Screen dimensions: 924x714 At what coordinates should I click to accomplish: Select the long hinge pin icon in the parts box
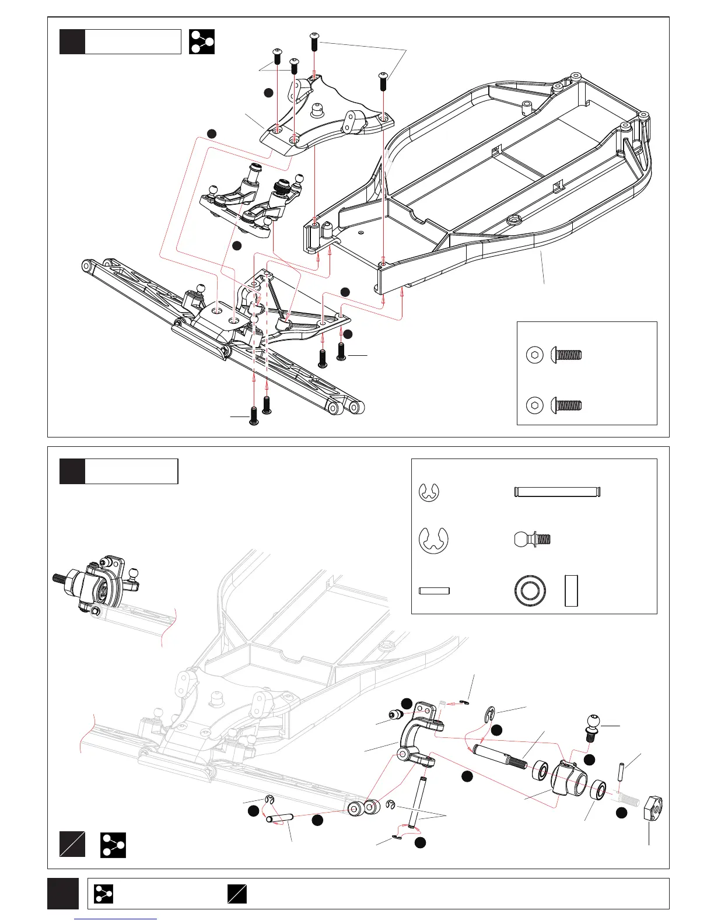pyautogui.click(x=557, y=492)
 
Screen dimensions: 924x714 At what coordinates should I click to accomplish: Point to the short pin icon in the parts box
pyautogui.click(x=434, y=591)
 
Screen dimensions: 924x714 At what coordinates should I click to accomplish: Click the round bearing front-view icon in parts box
pyautogui.click(x=530, y=591)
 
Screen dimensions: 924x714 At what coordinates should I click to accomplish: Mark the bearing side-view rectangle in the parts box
pyautogui.click(x=571, y=591)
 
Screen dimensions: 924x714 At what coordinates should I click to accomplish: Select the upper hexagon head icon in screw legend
pyautogui.click(x=534, y=355)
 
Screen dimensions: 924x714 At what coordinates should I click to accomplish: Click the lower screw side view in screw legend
pyautogui.click(x=567, y=405)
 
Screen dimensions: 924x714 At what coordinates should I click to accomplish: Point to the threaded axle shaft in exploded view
pyautogui.click(x=501, y=757)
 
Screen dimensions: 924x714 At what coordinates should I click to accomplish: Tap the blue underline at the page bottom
pyautogui.click(x=116, y=919)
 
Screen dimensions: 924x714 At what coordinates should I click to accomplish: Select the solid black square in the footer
pyautogui.click(x=63, y=893)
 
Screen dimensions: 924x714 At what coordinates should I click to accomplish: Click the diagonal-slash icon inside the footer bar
pyautogui.click(x=237, y=894)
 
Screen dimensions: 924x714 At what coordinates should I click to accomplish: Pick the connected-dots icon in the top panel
pyautogui.click(x=202, y=41)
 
